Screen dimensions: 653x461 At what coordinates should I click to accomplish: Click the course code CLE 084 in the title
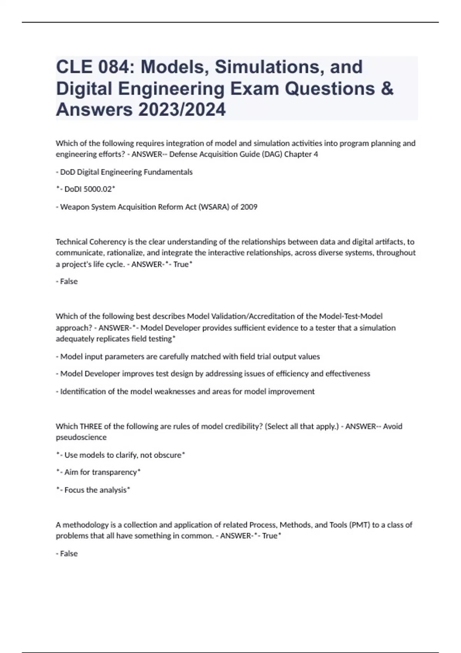pyautogui.click(x=90, y=67)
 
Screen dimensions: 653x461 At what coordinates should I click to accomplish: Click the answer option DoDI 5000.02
pyautogui.click(x=88, y=189)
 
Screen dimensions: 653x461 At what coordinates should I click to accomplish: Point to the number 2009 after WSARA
pyautogui.click(x=249, y=207)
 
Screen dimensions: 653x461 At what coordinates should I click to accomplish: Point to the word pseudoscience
pyautogui.click(x=81, y=437)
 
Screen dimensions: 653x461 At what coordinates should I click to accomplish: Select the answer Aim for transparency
pyautogui.click(x=100, y=472)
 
